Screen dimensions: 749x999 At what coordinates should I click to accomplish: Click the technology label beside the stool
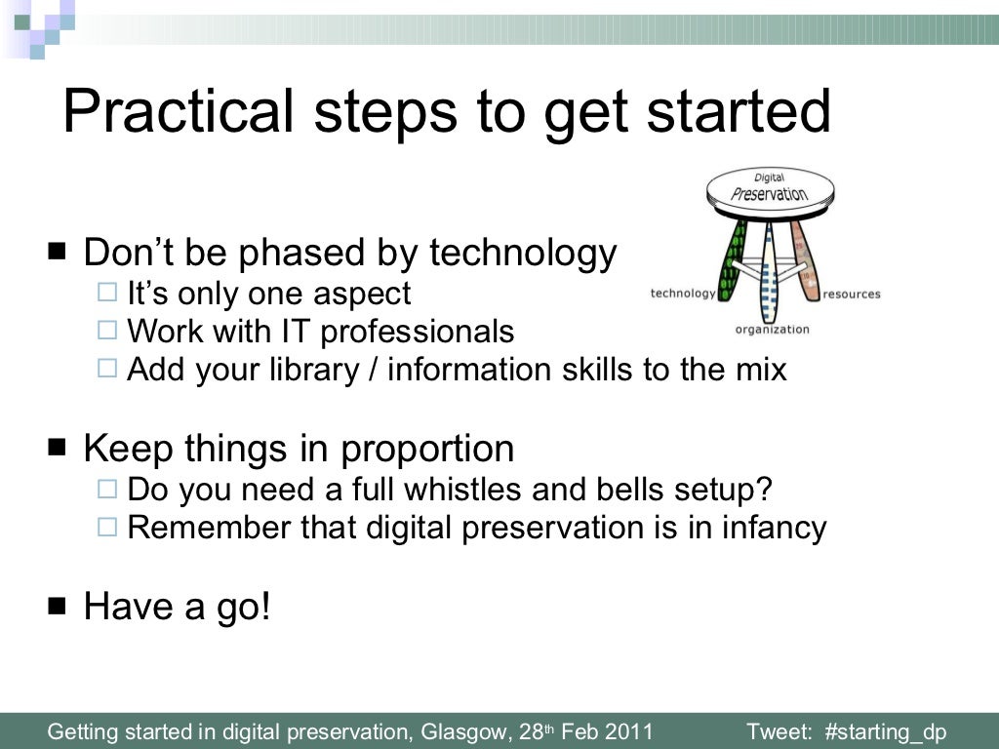click(x=682, y=294)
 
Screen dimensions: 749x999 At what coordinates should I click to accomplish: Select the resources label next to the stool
click(x=851, y=294)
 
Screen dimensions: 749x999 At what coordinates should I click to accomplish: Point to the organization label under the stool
click(x=772, y=329)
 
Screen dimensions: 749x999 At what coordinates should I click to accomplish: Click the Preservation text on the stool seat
click(x=770, y=192)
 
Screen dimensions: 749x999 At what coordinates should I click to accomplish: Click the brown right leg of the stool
click(x=804, y=258)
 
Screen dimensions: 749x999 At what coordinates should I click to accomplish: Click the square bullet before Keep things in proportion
click(x=57, y=448)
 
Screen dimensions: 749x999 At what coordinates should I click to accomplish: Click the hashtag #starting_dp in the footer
click(x=886, y=732)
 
